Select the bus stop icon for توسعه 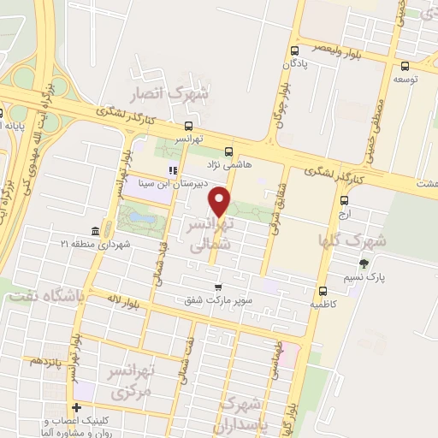pyautogui.click(x=405, y=66)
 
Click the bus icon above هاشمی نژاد pyautogui.click(x=224, y=148)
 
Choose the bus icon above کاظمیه pyautogui.click(x=322, y=290)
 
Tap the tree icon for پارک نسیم pyautogui.click(x=364, y=263)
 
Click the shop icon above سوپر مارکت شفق pyautogui.click(x=218, y=287)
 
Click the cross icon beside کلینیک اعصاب pyautogui.click(x=77, y=408)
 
